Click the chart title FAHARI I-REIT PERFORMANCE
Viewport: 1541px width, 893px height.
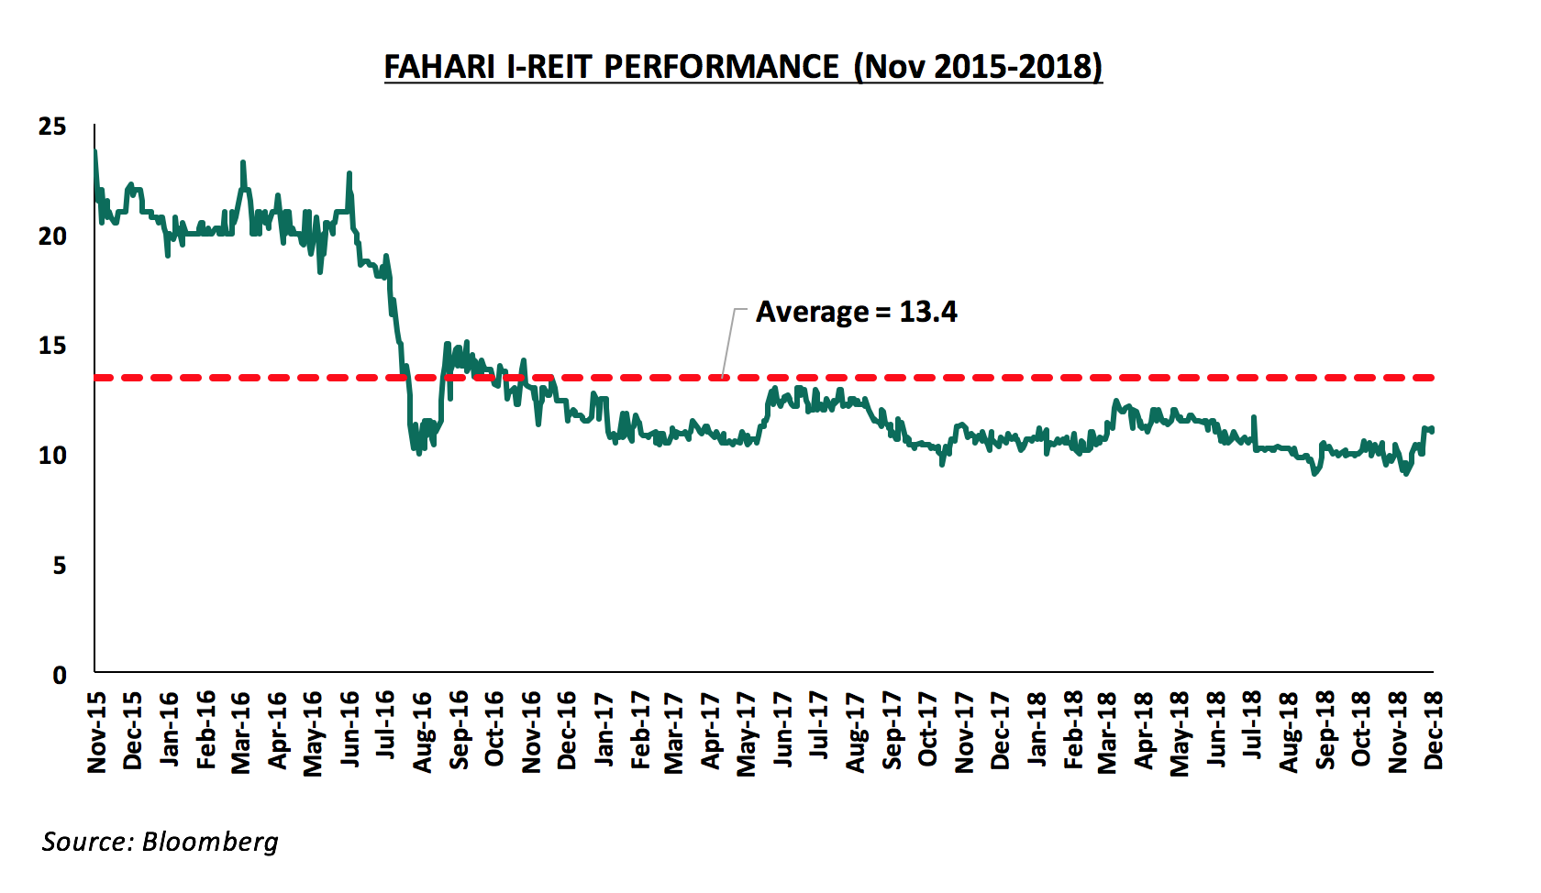tap(742, 67)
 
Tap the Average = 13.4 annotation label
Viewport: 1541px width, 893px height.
tap(856, 313)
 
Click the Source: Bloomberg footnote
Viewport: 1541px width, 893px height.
tap(160, 842)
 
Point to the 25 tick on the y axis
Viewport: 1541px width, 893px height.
tap(52, 127)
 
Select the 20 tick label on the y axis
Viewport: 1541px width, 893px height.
tap(52, 237)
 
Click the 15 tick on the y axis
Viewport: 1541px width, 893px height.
tap(52, 346)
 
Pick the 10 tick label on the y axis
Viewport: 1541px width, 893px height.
tap(52, 456)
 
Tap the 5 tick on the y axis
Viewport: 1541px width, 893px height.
tap(59, 566)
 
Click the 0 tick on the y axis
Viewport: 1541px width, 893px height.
tap(60, 676)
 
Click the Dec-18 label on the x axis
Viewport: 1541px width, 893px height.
tap(1434, 731)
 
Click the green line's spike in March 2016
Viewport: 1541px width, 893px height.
tap(243, 162)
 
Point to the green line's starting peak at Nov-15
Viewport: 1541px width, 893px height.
tap(94, 151)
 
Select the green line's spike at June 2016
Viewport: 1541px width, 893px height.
tap(349, 173)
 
